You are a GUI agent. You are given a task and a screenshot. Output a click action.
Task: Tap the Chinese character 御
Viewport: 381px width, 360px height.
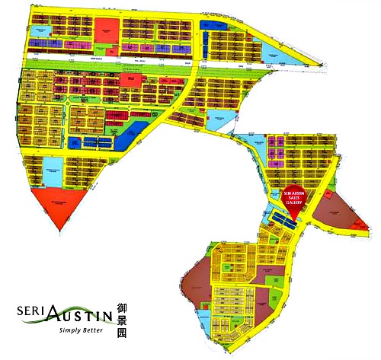click(x=122, y=308)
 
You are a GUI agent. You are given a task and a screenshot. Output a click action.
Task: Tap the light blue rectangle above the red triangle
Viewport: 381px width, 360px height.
click(x=53, y=168)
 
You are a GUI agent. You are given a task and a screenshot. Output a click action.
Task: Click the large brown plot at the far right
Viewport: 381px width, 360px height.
click(x=335, y=209)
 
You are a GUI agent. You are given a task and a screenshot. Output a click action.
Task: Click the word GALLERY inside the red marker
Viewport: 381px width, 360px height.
click(x=293, y=202)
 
